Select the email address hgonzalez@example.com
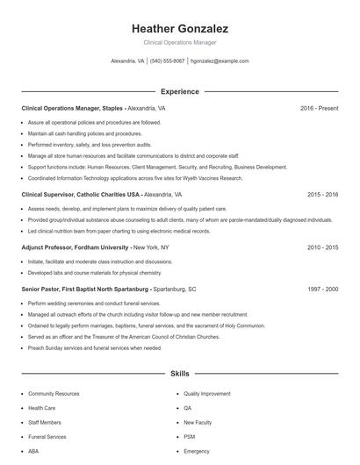pos(220,61)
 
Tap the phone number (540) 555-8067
pos(167,61)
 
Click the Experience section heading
pos(179,91)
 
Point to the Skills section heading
pos(179,374)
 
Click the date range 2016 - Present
pos(319,108)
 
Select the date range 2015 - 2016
pos(322,194)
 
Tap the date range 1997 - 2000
pos(322,288)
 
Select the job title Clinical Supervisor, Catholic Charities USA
pos(80,194)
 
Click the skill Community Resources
pos(54,395)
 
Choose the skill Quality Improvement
pos(208,395)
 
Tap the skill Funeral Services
pos(47,437)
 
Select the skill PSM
pos(190,437)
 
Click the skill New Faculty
pos(197,423)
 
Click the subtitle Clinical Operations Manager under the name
pos(179,42)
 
